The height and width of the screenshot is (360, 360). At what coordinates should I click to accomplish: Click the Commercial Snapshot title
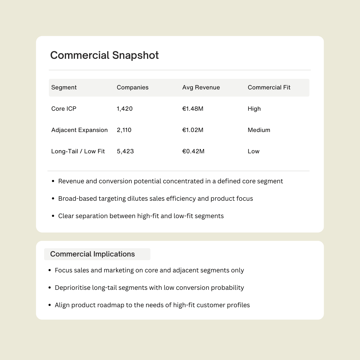click(104, 55)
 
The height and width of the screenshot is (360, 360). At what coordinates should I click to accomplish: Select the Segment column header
click(64, 87)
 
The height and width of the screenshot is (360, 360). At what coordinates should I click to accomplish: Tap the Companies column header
click(133, 87)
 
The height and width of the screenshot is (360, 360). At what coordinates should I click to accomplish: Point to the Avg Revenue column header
click(201, 87)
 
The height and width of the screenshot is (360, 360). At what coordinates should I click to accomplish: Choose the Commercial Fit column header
click(269, 87)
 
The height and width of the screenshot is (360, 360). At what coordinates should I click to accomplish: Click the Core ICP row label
click(64, 109)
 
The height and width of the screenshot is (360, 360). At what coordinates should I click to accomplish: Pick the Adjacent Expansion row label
click(79, 130)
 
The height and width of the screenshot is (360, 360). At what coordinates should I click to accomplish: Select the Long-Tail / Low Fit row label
click(78, 151)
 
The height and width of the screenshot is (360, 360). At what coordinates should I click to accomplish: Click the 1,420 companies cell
click(124, 109)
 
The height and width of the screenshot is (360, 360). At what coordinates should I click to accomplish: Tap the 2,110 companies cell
click(124, 130)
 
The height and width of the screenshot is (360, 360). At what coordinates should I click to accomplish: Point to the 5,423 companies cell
click(125, 151)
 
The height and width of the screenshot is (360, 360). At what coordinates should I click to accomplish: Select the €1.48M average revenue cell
click(193, 109)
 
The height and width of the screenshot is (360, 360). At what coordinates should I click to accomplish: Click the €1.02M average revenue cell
click(193, 130)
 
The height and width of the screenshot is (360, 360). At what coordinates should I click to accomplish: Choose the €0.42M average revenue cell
click(193, 151)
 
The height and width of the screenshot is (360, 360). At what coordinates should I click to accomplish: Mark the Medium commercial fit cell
click(259, 130)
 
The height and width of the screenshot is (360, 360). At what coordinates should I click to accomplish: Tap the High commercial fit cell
click(254, 109)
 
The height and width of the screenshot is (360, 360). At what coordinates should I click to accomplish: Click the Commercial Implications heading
click(92, 254)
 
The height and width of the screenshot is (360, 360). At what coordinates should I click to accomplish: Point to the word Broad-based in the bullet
click(77, 199)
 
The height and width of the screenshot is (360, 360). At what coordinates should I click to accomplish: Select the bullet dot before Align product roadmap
click(49, 305)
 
